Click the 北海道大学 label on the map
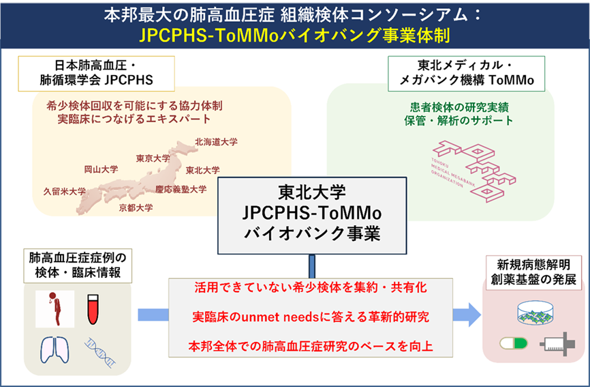216,142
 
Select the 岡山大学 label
101,169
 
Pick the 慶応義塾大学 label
181,189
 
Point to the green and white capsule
513,343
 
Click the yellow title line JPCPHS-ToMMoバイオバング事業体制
294,34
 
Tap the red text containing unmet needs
311,317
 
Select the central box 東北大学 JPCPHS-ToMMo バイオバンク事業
311,212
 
